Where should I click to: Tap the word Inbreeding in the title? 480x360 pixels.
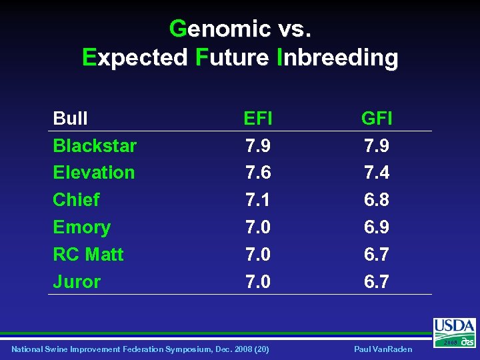(x=337, y=57)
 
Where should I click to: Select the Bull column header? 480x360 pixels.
(x=70, y=119)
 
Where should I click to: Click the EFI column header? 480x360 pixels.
(x=257, y=119)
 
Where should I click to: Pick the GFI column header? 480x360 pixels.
(x=377, y=119)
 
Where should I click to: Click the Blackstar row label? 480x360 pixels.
(x=95, y=145)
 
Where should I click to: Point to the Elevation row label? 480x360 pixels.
(x=93, y=173)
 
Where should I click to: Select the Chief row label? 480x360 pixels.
(x=76, y=200)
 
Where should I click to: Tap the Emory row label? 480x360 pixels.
(x=81, y=227)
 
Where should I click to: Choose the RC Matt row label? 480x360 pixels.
(x=88, y=255)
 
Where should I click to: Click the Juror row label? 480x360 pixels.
(x=77, y=282)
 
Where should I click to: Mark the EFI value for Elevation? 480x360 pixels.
(x=257, y=173)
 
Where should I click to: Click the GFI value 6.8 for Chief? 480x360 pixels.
(x=377, y=200)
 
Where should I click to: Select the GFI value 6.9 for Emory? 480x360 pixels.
(x=377, y=227)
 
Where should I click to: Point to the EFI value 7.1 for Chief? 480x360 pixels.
(x=257, y=200)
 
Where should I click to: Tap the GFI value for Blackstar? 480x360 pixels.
(x=377, y=145)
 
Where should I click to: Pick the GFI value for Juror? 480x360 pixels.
(x=377, y=282)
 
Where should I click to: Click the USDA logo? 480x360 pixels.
(x=454, y=331)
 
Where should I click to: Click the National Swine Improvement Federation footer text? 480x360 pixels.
(x=140, y=349)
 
